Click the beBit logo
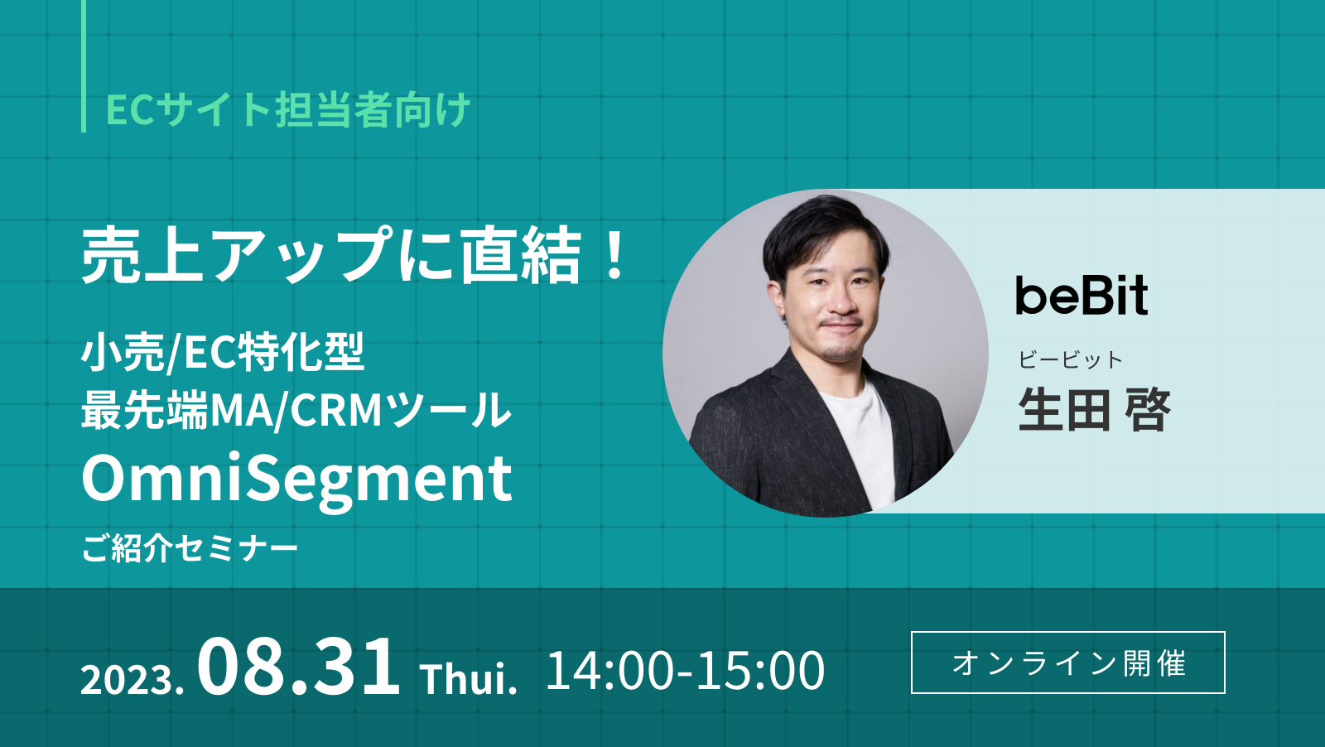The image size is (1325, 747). click(x=1082, y=296)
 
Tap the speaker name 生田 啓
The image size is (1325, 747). click(x=1093, y=409)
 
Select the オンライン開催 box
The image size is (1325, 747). click(x=1067, y=663)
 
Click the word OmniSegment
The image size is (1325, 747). click(x=296, y=479)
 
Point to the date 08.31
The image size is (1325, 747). click(x=298, y=667)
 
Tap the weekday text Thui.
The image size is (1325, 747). click(x=469, y=679)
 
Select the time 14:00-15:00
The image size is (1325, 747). click(x=685, y=670)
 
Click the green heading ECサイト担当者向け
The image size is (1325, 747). click(x=288, y=110)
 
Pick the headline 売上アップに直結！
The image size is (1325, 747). click(x=356, y=255)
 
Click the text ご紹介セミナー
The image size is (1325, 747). click(x=190, y=548)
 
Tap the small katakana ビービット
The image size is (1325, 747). click(x=1070, y=359)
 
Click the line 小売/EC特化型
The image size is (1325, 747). click(x=222, y=352)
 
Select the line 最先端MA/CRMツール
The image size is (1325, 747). click(x=296, y=410)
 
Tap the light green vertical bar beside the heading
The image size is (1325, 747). click(x=84, y=66)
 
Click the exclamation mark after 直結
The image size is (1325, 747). click(x=614, y=255)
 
